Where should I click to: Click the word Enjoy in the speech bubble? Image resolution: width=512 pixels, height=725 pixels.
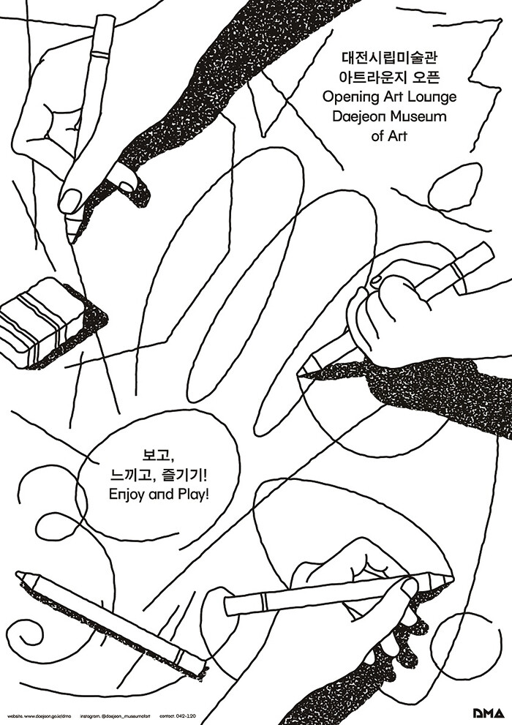[127, 495]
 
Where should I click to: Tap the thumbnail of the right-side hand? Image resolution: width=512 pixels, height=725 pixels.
[376, 279]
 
